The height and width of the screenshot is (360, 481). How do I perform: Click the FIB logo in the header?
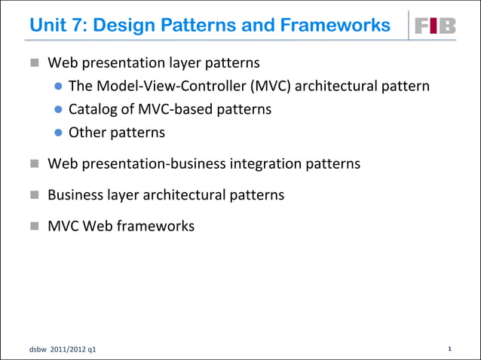click(x=437, y=26)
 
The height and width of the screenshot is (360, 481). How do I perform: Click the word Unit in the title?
click(x=49, y=26)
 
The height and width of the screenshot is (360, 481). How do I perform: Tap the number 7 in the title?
click(x=84, y=26)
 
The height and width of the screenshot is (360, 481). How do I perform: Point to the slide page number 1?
click(x=449, y=349)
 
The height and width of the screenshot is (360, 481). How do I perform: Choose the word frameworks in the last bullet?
click(x=156, y=225)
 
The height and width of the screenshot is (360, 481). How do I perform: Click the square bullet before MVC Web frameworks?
click(x=35, y=225)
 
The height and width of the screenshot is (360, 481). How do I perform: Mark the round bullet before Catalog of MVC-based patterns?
click(x=58, y=110)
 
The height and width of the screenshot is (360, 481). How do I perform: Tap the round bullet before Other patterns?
click(x=58, y=133)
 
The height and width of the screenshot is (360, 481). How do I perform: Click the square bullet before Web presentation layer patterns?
click(x=35, y=63)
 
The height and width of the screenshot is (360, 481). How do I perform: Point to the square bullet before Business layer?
click(x=35, y=194)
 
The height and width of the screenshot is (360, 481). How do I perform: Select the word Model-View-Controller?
click(x=166, y=86)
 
